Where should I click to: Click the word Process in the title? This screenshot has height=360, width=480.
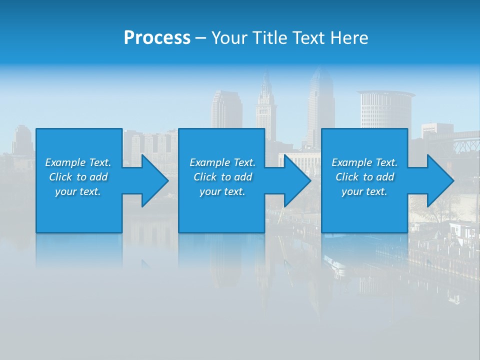(157, 38)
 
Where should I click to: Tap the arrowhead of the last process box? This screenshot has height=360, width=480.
(439, 180)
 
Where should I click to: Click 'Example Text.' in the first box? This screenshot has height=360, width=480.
(78, 162)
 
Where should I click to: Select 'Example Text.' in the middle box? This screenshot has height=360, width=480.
(222, 162)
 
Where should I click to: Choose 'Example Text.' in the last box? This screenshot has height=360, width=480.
(364, 162)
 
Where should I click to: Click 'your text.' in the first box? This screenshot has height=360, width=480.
(78, 191)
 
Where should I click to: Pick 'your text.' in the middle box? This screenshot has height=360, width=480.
(222, 191)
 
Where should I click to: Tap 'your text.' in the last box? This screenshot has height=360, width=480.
(364, 191)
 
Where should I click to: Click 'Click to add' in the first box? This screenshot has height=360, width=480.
(78, 177)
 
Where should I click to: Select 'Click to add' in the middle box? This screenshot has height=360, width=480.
(222, 177)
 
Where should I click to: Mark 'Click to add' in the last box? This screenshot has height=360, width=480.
(364, 177)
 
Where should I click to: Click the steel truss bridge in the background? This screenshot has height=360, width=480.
(462, 145)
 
